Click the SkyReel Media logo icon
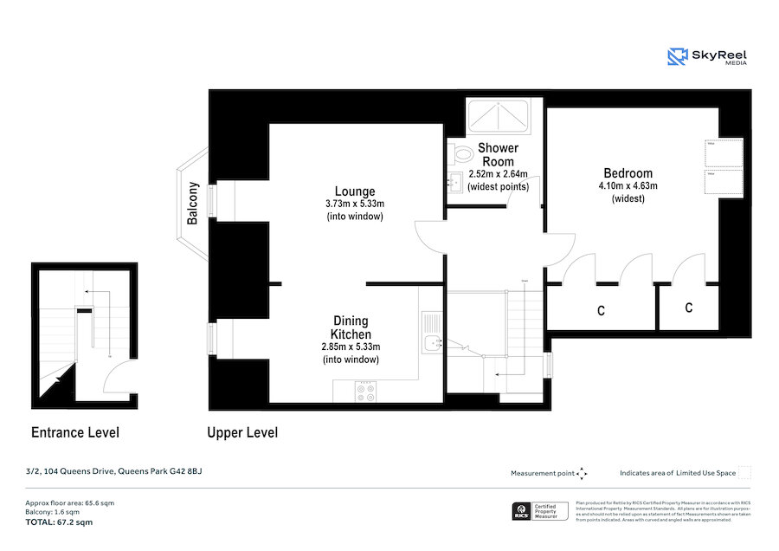click(678, 57)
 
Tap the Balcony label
click(193, 204)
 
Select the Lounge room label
click(355, 191)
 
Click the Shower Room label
click(498, 154)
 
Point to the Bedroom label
click(628, 173)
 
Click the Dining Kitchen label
click(351, 327)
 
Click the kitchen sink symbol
click(431, 333)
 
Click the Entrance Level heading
click(75, 432)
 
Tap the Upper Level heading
click(242, 432)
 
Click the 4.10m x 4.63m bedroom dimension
click(628, 186)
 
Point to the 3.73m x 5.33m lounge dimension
click(355, 204)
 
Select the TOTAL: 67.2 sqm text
click(59, 522)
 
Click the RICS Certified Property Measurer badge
click(540, 511)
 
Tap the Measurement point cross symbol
click(582, 473)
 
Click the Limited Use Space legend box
click(744, 473)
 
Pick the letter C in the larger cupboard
click(601, 309)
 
